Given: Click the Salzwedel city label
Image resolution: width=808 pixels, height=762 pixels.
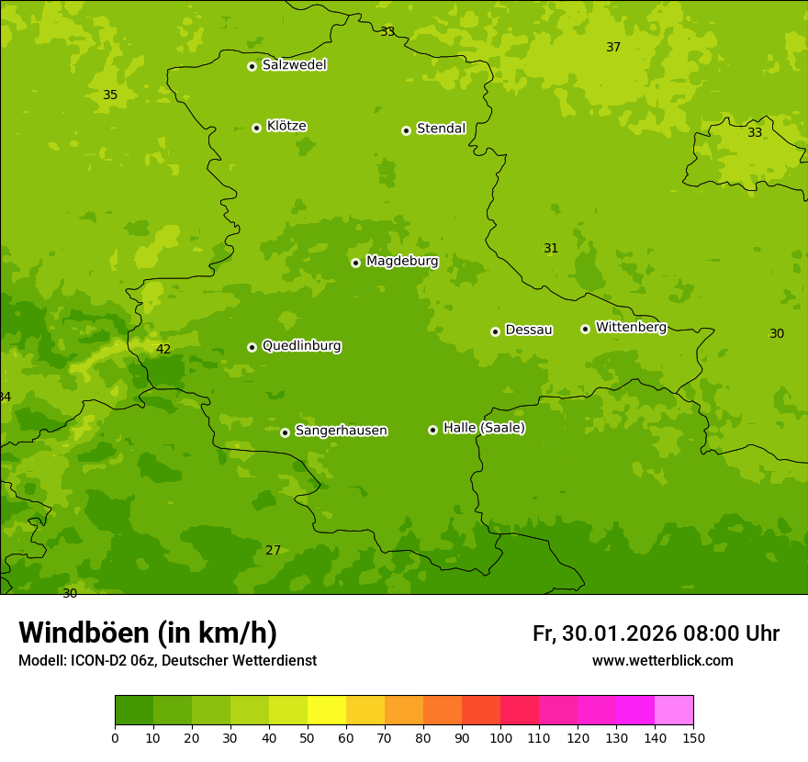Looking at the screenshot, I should [294, 65].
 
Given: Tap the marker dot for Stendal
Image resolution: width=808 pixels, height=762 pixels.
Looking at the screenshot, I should [406, 130].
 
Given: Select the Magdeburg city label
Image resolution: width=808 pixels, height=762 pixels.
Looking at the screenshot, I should [402, 262].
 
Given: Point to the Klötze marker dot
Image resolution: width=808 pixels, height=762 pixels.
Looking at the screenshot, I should [256, 128].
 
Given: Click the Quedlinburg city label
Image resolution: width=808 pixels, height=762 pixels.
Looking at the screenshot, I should [301, 346].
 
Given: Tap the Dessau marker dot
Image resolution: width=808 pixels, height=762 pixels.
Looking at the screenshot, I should [495, 331].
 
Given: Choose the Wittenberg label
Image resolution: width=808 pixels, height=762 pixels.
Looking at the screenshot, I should [631, 328].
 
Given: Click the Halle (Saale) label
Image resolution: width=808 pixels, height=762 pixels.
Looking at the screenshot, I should [484, 428].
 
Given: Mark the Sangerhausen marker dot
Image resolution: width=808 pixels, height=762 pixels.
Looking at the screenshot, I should [285, 432].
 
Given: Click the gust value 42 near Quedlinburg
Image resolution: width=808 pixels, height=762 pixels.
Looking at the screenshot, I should [163, 350].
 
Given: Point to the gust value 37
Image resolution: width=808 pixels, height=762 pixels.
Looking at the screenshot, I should [613, 48].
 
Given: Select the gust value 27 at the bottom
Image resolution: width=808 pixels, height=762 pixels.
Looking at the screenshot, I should [273, 551].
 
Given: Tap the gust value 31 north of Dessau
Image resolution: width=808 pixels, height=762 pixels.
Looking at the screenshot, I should [551, 249].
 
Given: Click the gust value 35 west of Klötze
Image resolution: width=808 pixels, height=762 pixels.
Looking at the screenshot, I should [110, 95].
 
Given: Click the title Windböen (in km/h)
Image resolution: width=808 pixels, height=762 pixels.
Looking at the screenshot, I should [148, 633].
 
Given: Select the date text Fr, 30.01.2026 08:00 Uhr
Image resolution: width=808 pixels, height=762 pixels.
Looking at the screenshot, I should [656, 633].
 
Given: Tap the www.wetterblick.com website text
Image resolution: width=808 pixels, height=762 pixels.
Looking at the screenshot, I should [662, 661].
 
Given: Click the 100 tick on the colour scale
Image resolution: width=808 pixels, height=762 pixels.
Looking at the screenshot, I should [500, 737].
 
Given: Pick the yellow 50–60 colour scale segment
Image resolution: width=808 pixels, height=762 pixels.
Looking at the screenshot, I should [327, 711].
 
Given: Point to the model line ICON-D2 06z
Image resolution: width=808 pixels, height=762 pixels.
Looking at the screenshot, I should [167, 661].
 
